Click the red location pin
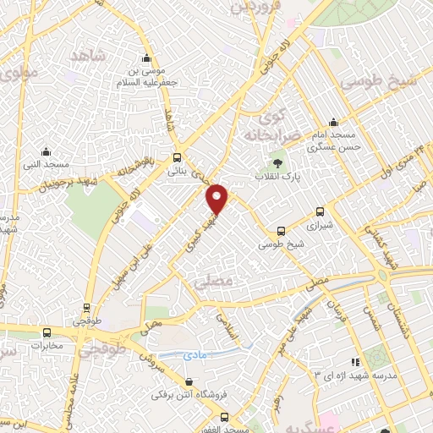[x=217, y=199]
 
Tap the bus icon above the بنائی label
[x=177, y=156]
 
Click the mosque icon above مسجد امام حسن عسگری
[x=333, y=121]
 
